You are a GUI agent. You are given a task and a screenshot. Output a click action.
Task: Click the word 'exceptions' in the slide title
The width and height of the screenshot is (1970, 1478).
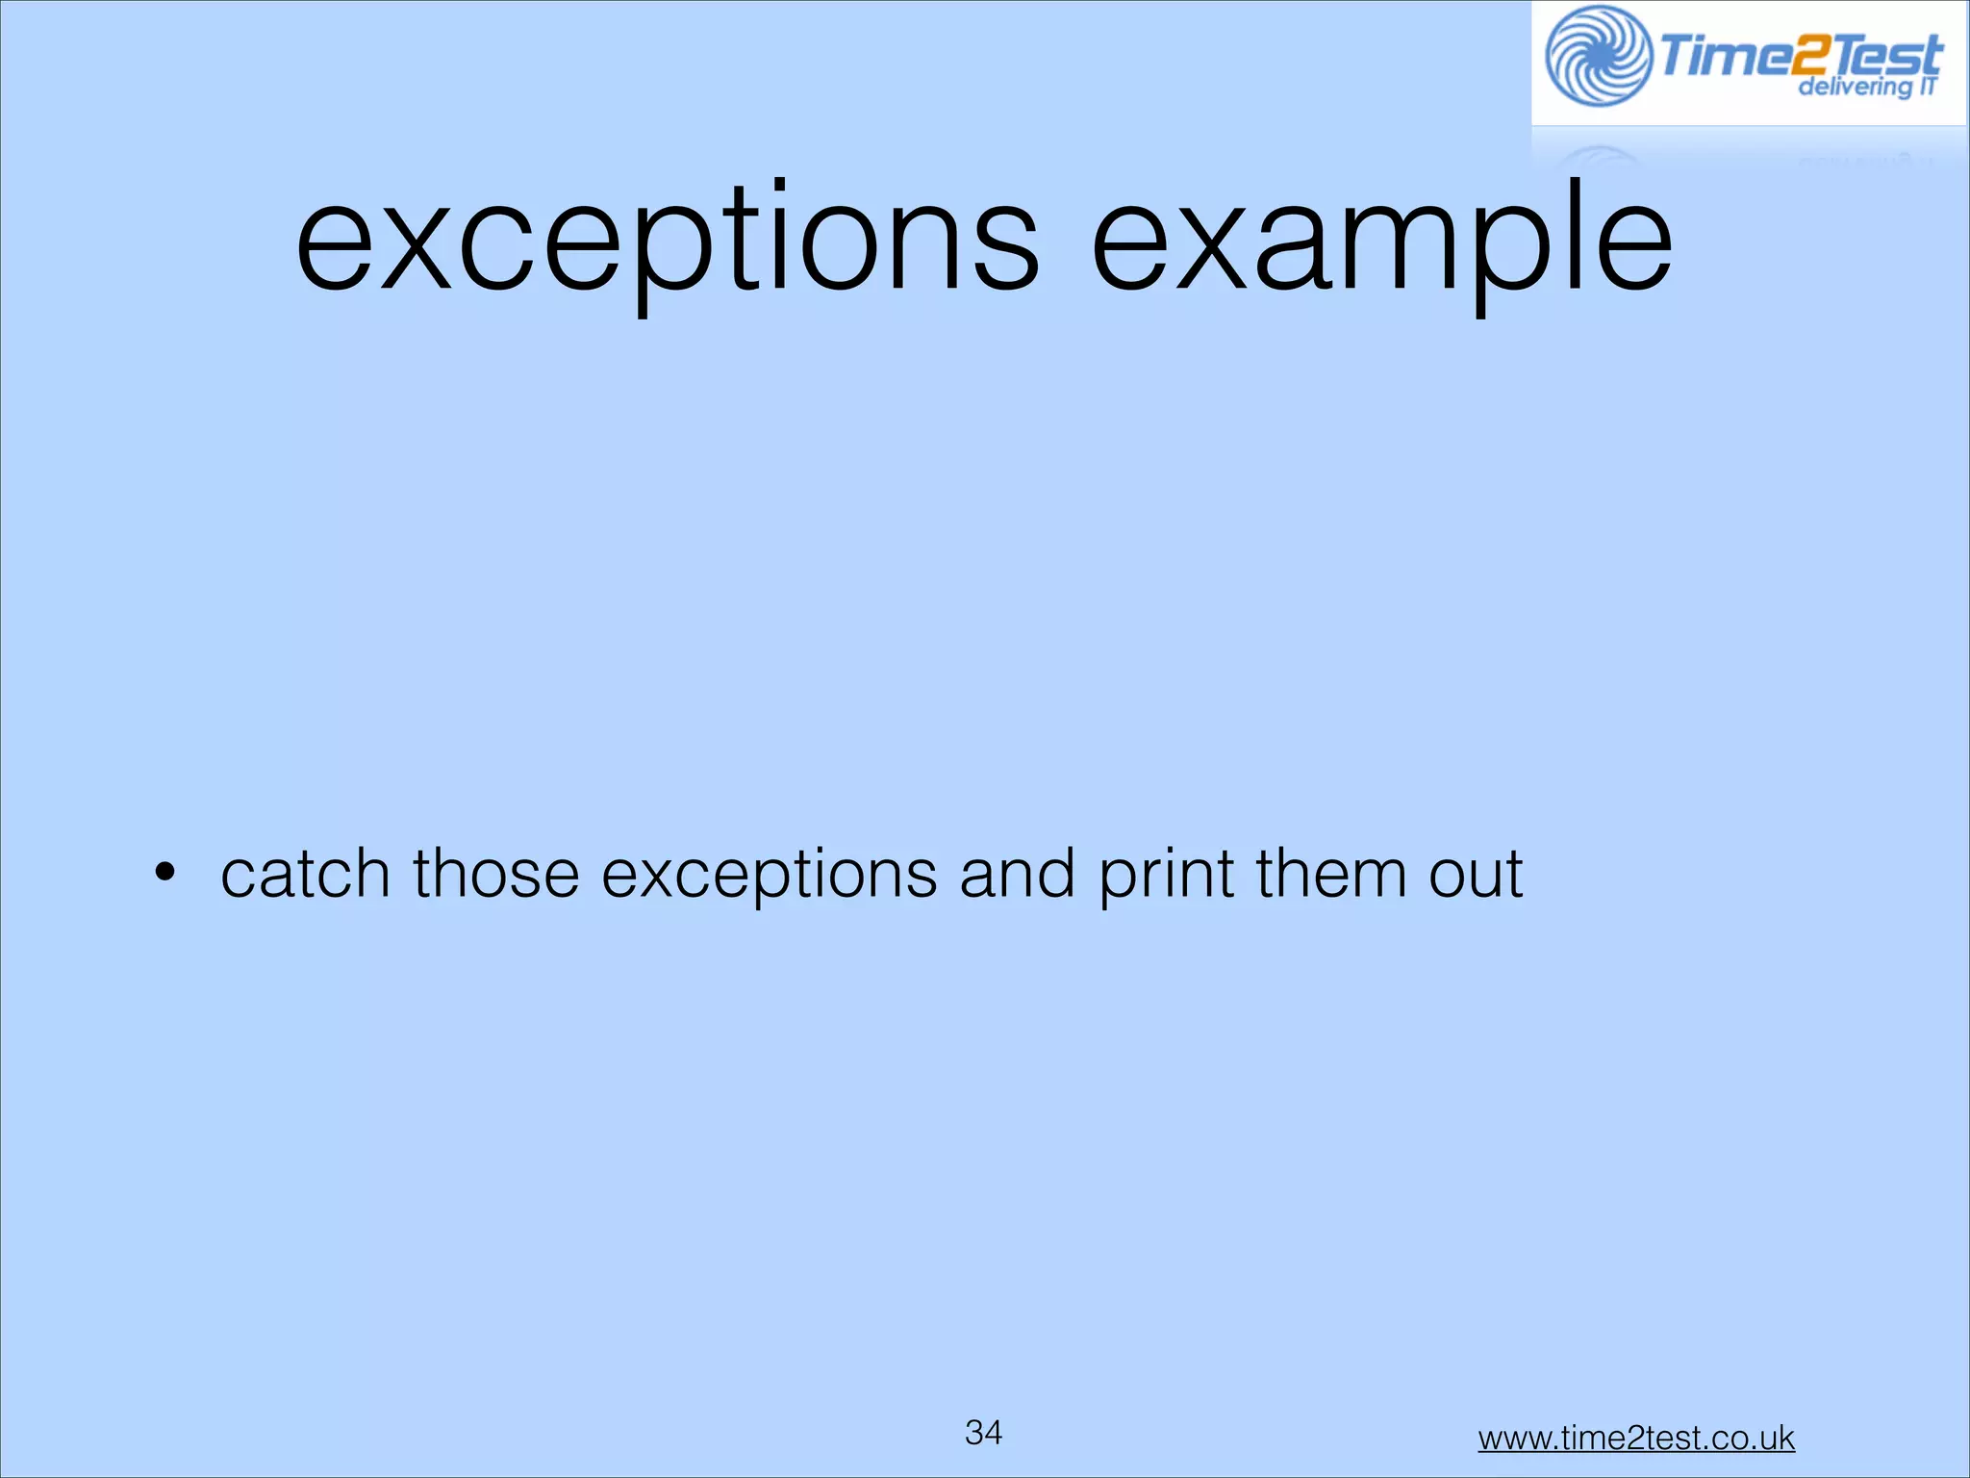(x=667, y=241)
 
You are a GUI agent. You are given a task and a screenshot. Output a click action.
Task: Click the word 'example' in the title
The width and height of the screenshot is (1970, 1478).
(x=1382, y=241)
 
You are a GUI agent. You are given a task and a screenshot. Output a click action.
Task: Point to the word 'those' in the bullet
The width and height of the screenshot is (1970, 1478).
(x=495, y=874)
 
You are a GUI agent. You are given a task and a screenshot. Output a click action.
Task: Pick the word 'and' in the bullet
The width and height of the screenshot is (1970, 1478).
(x=1017, y=874)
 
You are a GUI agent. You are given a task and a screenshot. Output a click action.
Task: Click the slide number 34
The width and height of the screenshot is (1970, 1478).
(x=983, y=1432)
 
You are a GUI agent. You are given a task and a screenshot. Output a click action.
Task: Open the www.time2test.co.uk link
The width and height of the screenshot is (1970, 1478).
(x=1636, y=1438)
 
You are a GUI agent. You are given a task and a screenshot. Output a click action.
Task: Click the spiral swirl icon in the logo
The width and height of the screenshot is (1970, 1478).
(x=1598, y=56)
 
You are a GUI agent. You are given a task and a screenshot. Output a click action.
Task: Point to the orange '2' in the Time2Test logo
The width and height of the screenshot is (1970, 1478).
(x=1803, y=56)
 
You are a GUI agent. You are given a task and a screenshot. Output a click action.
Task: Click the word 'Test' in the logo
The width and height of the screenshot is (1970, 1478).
(x=1885, y=54)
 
